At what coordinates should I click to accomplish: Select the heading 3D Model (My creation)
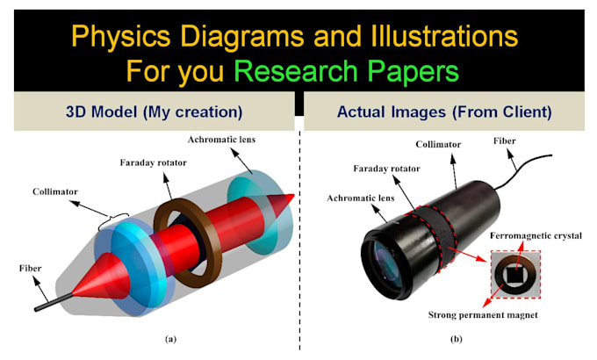point(154,112)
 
